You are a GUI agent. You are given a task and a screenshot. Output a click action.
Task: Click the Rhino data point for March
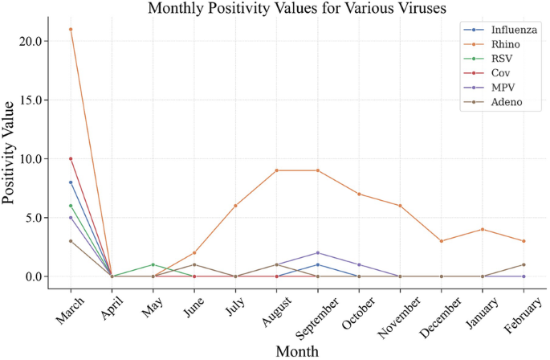[x=71, y=29]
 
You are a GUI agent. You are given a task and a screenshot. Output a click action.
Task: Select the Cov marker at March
[x=71, y=158]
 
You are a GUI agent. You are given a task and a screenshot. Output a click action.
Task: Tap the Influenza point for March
[x=71, y=182]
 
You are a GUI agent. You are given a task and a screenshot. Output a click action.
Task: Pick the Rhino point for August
[x=276, y=170]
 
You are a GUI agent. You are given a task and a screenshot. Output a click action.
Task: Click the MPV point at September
[x=317, y=253]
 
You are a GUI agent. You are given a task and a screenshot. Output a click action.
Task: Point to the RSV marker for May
[x=153, y=264]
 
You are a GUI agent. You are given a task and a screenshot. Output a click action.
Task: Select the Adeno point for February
[x=523, y=264]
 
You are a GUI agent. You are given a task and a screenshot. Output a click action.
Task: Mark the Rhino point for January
[x=482, y=229]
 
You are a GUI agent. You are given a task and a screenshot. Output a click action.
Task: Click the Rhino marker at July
[x=235, y=206]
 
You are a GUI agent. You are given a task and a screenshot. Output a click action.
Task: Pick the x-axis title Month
[x=296, y=350]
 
